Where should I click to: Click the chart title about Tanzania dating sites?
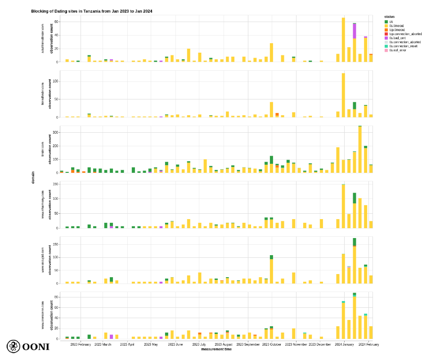91,11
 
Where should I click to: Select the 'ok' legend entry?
391,22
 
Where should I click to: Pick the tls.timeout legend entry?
395,26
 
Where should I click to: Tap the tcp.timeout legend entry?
396,30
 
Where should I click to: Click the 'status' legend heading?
390,17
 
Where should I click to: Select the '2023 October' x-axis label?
272,345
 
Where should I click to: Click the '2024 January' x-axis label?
344,345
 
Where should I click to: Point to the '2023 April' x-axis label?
127,345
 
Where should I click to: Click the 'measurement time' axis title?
216,349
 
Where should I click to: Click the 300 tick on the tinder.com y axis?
55,133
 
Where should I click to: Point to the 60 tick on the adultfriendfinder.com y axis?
57,22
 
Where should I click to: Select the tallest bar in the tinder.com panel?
360,149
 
